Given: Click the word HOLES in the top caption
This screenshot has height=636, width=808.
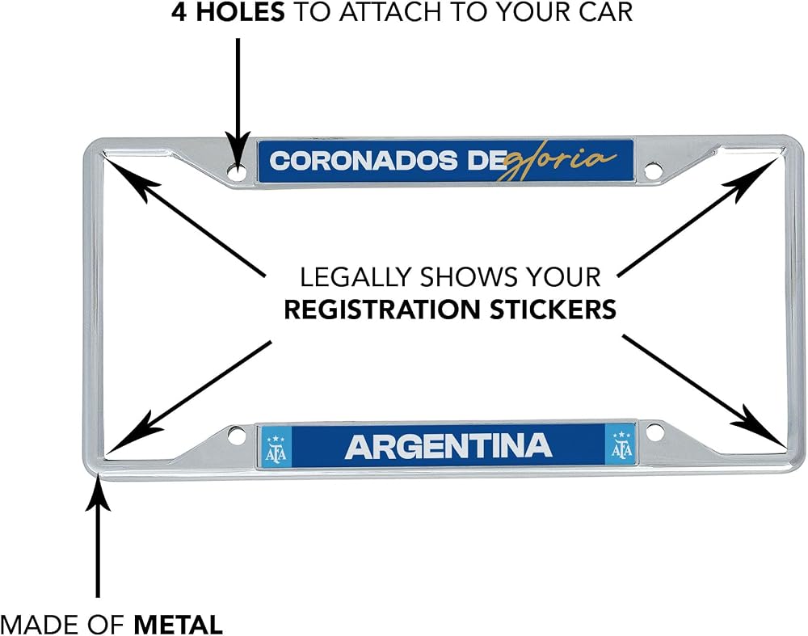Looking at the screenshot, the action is [240, 11].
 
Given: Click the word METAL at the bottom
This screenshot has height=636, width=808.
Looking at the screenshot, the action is [179, 625].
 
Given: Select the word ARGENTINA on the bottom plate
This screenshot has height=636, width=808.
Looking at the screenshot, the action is [448, 446].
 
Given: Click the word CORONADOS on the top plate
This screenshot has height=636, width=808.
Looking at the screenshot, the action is [364, 161].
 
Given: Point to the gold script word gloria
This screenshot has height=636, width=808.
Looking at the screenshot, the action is [557, 161].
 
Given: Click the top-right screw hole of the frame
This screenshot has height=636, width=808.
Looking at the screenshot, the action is [654, 169].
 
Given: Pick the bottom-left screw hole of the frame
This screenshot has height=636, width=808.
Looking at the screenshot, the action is [236, 436].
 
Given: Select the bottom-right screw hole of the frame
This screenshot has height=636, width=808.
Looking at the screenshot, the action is [654, 432].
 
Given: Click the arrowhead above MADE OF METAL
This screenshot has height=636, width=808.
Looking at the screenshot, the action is [98, 494].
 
